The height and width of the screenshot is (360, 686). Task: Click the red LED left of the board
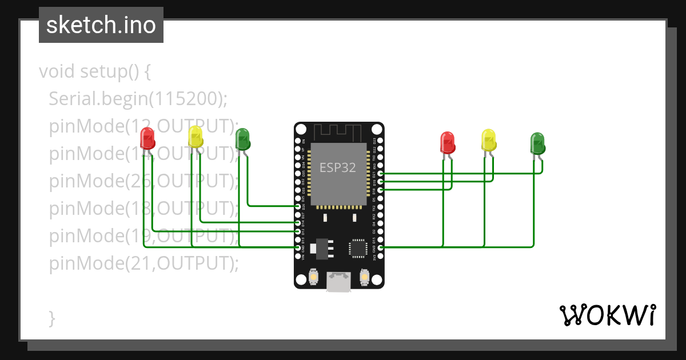pos(147,139)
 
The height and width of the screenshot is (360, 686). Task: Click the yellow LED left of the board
pos(196,137)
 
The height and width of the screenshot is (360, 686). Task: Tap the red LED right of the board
pos(447,142)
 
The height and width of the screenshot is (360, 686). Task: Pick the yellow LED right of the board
pos(489,140)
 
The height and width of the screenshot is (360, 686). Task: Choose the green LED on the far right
pos(537,143)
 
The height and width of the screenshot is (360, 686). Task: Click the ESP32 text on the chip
pos(337,167)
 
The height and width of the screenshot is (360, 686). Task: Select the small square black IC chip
pos(358,248)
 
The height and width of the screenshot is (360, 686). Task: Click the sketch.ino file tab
pos(101,25)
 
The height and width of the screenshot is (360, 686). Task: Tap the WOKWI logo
pos(607,315)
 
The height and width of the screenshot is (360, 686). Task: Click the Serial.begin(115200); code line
pos(138,99)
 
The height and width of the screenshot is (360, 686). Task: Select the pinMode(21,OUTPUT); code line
pos(143,263)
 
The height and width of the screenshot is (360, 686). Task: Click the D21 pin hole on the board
pos(381,173)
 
